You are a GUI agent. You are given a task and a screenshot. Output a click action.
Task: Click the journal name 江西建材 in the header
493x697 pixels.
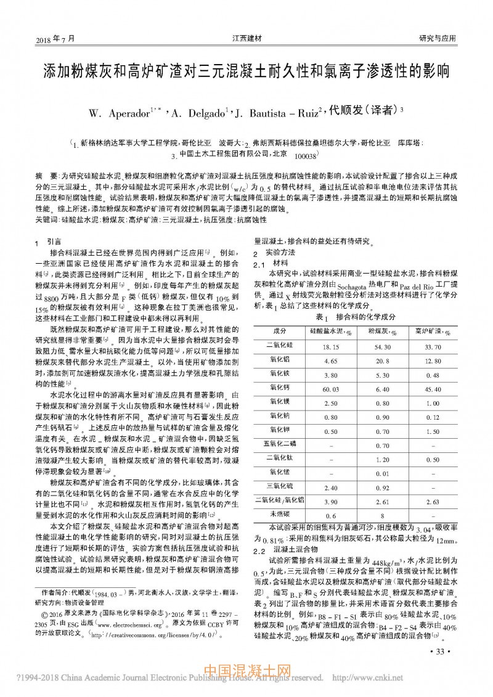point(246,38)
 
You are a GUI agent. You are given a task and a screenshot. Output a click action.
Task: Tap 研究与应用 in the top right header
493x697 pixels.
point(437,38)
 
